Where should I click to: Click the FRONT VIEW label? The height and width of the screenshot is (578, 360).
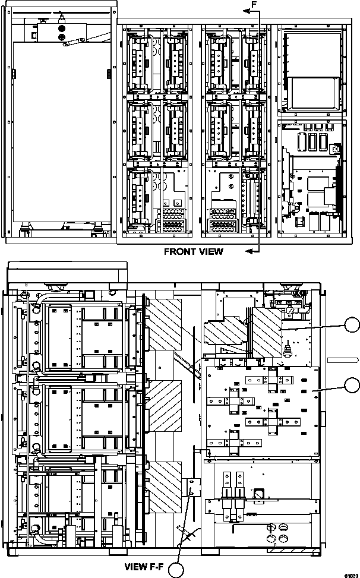click(193, 251)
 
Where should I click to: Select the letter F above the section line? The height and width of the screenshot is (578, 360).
click(254, 4)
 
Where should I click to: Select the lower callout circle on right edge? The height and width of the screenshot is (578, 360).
click(352, 385)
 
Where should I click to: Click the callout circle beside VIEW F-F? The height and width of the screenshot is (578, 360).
click(177, 570)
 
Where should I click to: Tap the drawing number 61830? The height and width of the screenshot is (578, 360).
click(350, 574)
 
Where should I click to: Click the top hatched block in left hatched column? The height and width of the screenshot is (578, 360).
click(165, 324)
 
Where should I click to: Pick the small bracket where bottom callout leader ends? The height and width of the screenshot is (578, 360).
click(194, 487)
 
